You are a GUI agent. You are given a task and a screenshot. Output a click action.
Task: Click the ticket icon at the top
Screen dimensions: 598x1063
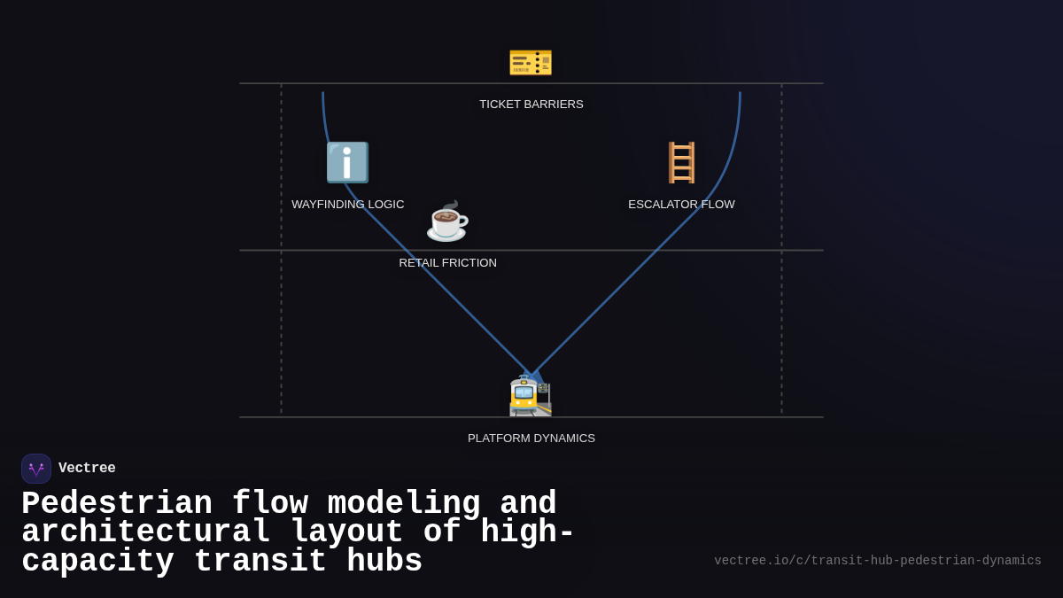(531, 62)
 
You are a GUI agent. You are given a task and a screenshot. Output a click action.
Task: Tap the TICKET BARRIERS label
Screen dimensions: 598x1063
(531, 105)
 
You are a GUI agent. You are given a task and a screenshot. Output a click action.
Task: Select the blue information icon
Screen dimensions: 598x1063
(347, 163)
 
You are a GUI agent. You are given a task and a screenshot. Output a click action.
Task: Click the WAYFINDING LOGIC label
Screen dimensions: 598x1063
(348, 205)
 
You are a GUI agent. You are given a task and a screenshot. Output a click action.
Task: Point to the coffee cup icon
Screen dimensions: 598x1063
(447, 221)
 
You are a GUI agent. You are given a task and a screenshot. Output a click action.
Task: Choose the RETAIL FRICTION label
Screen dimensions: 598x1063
(448, 263)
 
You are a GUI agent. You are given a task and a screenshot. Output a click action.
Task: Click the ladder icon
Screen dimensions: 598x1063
(681, 163)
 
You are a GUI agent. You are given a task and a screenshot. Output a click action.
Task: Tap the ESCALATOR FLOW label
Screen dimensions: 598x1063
(681, 205)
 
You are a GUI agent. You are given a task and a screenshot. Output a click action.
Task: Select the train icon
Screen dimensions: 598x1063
(531, 396)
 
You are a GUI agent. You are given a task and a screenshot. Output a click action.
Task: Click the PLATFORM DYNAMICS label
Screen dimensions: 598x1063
(531, 439)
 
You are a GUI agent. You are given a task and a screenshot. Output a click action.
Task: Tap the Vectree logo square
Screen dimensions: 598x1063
(36, 469)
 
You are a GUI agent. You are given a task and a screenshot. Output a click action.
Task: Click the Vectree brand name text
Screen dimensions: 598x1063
(87, 469)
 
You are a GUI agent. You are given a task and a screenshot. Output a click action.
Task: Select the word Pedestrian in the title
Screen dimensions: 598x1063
(117, 504)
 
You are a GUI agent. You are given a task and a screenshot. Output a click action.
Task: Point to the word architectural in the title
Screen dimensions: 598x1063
(146, 532)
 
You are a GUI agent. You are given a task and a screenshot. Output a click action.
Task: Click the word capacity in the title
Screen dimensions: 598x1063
(97, 562)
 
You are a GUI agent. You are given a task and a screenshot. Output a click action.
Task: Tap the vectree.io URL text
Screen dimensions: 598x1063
(878, 561)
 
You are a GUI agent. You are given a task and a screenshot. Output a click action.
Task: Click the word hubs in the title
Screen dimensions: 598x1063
(384, 562)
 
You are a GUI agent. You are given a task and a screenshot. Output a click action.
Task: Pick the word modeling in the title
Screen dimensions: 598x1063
(404, 504)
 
